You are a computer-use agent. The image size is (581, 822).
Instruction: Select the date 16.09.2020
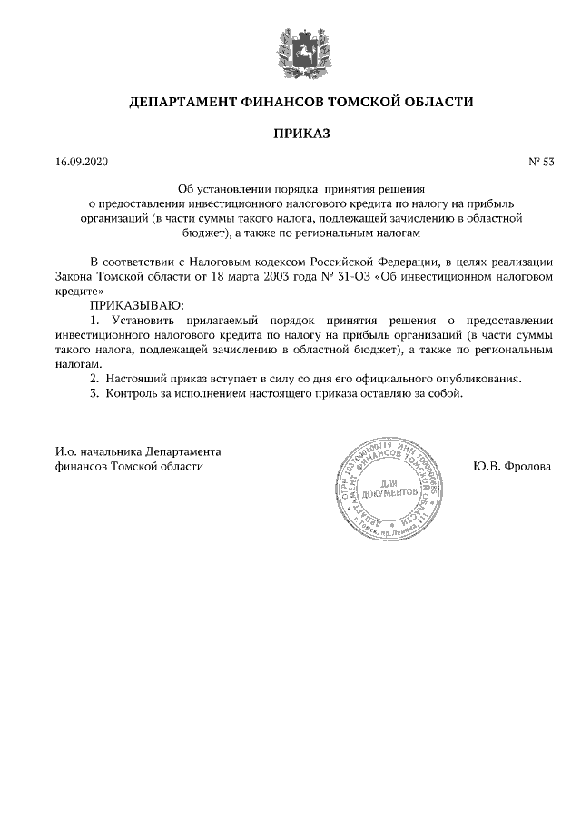pyautogui.click(x=81, y=163)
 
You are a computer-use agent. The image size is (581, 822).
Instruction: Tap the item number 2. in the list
pyautogui.click(x=94, y=378)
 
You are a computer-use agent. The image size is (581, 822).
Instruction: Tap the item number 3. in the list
pyautogui.click(x=94, y=394)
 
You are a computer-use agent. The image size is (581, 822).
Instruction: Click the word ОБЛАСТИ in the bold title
pyautogui.click(x=435, y=102)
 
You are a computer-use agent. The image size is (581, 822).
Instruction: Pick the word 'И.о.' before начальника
pyautogui.click(x=63, y=451)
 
